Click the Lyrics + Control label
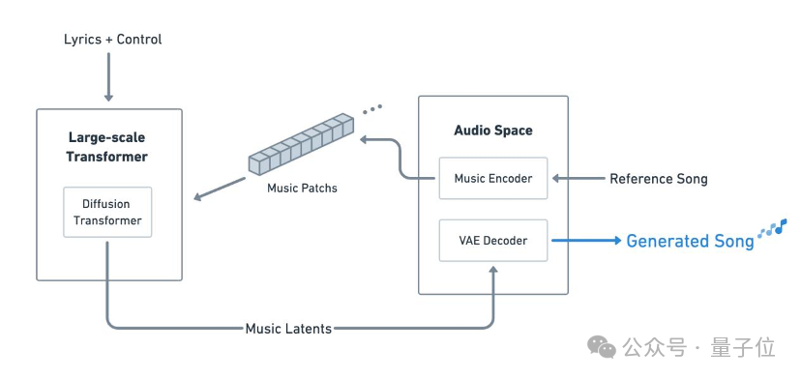113,40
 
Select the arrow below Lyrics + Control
108,76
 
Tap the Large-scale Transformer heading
106,147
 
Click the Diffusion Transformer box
107,212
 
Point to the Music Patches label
303,188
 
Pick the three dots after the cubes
372,109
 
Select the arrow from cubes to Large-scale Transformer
220,189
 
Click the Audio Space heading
493,131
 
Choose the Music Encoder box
493,178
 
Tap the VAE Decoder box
493,241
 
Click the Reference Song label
659,179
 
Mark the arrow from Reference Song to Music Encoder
578,179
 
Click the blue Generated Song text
690,241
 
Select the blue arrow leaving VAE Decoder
586,240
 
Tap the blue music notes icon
772,228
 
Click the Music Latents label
288,329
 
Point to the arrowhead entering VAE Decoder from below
493,270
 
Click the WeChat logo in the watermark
602,347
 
